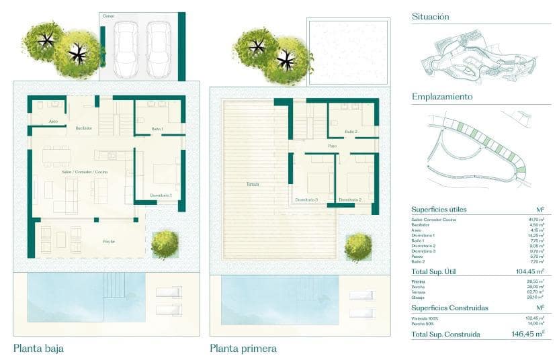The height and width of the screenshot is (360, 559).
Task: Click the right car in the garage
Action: (x=159, y=48)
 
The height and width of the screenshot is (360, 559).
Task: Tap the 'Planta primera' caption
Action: (x=243, y=349)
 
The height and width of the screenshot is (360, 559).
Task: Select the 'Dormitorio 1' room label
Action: (x=161, y=195)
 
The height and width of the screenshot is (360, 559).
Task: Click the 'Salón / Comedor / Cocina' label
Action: (x=85, y=173)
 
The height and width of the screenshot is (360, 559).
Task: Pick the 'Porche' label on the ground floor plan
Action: (x=108, y=241)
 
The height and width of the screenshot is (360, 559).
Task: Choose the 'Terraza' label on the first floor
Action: (x=252, y=184)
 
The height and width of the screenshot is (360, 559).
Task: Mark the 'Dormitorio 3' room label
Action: (x=306, y=200)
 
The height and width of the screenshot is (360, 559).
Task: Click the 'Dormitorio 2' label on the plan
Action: (x=350, y=200)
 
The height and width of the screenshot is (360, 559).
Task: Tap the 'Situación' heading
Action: (x=430, y=17)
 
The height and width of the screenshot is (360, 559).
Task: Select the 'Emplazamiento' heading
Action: (x=442, y=97)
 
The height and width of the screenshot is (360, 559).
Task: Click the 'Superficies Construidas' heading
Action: (x=450, y=308)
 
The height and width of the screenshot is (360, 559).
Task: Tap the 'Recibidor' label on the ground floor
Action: (x=83, y=128)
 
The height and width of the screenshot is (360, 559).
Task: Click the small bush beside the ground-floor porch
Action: (x=163, y=244)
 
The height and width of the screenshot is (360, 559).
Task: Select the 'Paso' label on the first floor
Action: (x=332, y=146)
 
